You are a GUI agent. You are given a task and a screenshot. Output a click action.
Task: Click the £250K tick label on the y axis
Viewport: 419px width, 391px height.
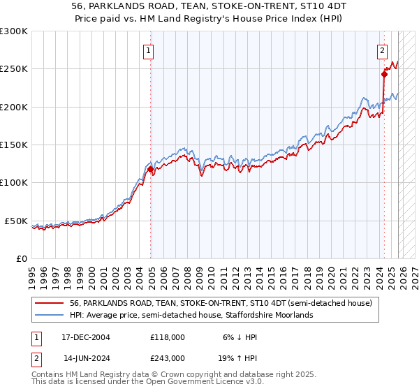(14, 69)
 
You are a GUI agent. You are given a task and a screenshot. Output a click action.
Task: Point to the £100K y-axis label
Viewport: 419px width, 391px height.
(14, 183)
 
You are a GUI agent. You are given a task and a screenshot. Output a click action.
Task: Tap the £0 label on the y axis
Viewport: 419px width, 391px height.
(22, 258)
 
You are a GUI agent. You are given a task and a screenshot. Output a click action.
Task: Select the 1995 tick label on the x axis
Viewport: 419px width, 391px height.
(31, 272)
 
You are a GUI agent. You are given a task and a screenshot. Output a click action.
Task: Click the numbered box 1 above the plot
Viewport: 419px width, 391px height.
(149, 50)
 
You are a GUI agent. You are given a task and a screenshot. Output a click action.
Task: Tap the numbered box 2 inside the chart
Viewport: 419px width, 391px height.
(383, 50)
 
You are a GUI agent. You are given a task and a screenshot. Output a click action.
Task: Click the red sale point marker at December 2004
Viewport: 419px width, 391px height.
(150, 169)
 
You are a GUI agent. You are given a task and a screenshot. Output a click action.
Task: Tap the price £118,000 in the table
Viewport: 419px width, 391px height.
(168, 337)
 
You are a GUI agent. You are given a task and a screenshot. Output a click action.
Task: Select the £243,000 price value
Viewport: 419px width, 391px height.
(168, 357)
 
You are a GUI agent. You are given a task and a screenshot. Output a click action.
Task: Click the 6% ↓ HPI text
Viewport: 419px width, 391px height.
(240, 337)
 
